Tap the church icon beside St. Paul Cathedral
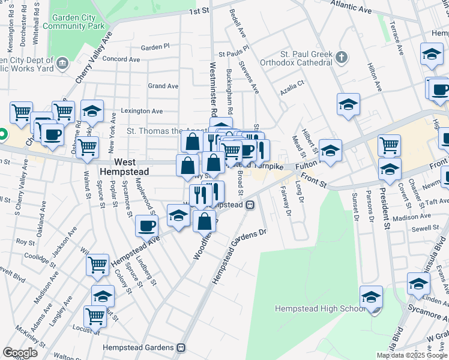coord(342,58)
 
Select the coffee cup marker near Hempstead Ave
coord(146,226)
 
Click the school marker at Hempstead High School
coord(371,297)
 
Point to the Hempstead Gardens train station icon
coord(180,347)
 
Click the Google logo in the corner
coord(20,352)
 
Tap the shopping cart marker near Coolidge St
coord(97,265)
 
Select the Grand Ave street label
coord(163,86)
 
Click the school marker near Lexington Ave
coord(92,111)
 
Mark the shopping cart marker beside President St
coord(389,145)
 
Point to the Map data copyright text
coord(411,355)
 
